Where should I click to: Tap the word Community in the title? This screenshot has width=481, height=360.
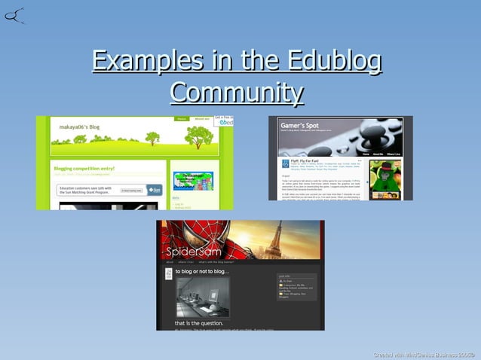coord(237,93)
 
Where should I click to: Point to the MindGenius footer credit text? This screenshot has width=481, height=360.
coord(425,354)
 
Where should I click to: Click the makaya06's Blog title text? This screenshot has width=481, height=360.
coord(80,127)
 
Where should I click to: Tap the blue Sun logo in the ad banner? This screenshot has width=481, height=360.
coord(154,190)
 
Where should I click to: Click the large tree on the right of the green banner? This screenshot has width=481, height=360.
coord(198,136)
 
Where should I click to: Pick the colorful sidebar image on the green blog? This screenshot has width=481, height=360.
coord(193,180)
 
